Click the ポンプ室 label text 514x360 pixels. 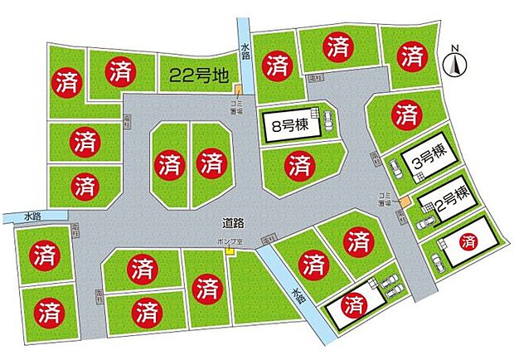225,242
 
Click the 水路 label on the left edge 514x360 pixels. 32,216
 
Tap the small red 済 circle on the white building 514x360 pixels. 469,243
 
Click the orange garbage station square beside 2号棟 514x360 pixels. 404,202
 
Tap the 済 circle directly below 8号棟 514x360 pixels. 298,165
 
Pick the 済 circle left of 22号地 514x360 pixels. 118,71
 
